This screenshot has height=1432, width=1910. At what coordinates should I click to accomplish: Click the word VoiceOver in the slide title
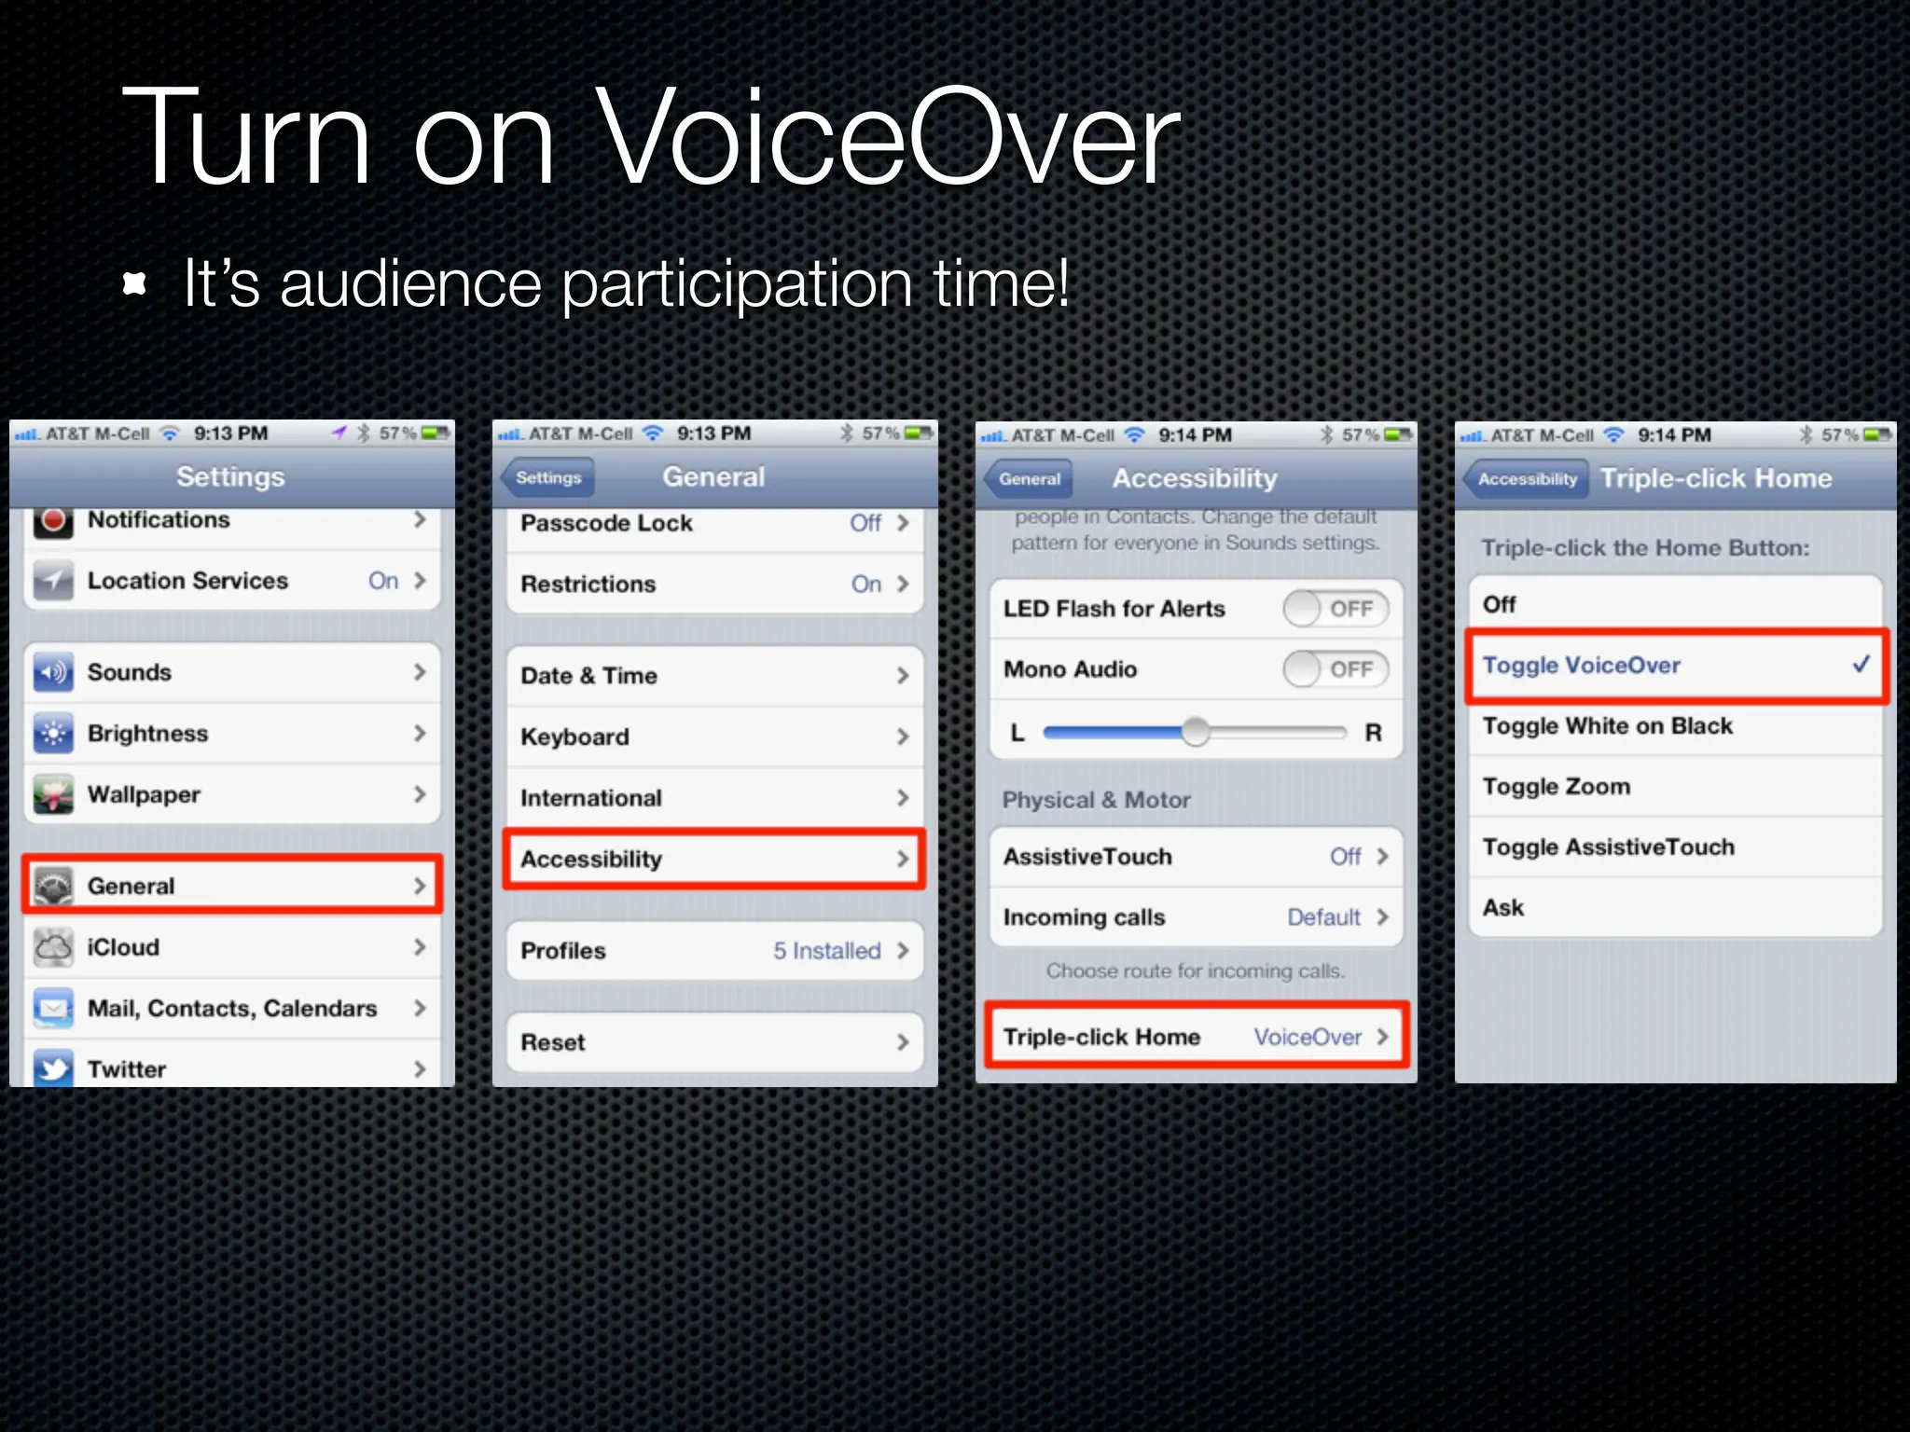point(886,137)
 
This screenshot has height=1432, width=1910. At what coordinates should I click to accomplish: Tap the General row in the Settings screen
point(232,885)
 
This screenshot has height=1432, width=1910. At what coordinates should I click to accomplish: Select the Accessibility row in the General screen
point(713,859)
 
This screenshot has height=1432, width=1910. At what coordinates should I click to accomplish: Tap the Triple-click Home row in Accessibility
point(1197,1037)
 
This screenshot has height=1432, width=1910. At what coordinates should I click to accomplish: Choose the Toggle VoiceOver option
point(1675,666)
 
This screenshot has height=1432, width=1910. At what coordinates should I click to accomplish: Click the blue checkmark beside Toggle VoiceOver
point(1861,664)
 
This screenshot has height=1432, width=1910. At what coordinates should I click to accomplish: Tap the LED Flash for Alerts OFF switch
point(1336,609)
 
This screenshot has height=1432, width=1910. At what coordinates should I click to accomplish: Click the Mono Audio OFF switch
point(1336,669)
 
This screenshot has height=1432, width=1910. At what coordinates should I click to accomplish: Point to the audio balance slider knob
point(1195,732)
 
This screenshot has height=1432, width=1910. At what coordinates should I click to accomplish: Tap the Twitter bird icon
point(53,1067)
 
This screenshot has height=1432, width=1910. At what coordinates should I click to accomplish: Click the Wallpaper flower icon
point(53,794)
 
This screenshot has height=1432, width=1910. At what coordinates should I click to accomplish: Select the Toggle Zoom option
point(1557,787)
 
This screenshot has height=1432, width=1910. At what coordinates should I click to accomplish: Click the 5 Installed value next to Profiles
point(826,951)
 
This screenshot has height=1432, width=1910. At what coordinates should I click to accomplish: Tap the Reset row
point(713,1042)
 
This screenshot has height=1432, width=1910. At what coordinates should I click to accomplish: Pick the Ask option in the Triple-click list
point(1503,908)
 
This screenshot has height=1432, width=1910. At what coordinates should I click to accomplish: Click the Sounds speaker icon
point(53,672)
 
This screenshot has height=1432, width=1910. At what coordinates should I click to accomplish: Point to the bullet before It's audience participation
point(135,284)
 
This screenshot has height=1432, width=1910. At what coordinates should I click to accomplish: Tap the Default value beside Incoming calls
point(1323,917)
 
